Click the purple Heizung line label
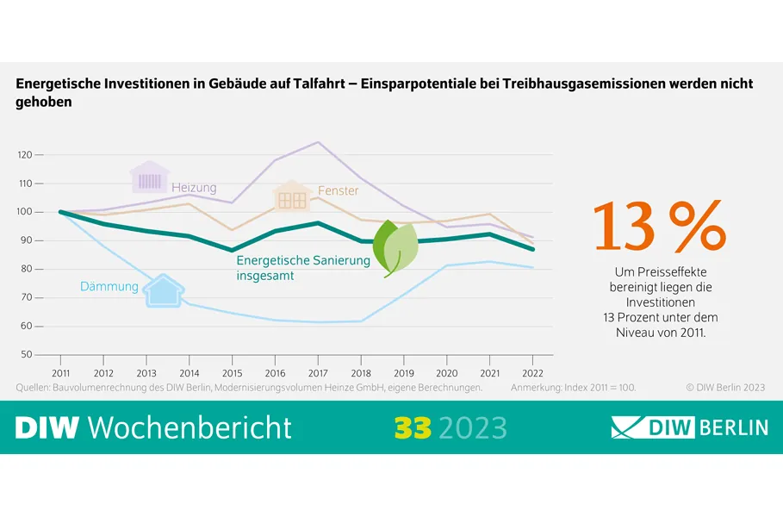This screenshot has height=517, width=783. [x=194, y=188]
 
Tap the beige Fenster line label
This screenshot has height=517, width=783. [x=338, y=190]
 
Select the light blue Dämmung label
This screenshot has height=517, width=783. [x=109, y=286]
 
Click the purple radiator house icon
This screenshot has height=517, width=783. [x=150, y=178]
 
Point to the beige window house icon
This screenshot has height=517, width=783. [x=293, y=197]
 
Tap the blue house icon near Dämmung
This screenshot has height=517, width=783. [x=163, y=290]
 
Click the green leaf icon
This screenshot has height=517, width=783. [x=395, y=247]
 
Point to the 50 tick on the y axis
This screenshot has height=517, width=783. [x=26, y=354]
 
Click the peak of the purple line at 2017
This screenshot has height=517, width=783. [x=318, y=142]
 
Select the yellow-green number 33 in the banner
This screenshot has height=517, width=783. [x=413, y=427]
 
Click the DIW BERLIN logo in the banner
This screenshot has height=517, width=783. [x=688, y=427]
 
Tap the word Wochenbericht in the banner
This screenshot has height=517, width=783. [x=190, y=427]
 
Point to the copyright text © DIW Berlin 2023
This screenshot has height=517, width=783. [x=725, y=388]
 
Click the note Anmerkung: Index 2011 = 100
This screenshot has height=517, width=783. [x=573, y=388]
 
